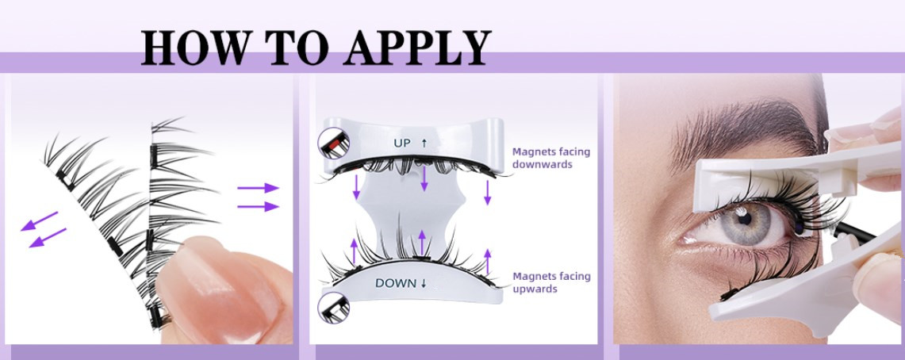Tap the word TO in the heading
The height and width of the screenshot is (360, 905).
(x=297, y=47)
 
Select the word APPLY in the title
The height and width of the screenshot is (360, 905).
(x=416, y=47)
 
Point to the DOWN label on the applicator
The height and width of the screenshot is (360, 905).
(x=396, y=283)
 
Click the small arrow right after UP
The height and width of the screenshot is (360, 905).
(x=424, y=143)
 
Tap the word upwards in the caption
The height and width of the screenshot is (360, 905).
(x=535, y=289)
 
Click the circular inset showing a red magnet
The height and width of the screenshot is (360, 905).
(x=334, y=144)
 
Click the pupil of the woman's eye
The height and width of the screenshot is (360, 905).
(x=745, y=219)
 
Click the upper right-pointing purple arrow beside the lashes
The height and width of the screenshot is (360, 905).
(x=258, y=187)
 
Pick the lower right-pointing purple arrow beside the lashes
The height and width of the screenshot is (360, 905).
(x=258, y=206)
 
